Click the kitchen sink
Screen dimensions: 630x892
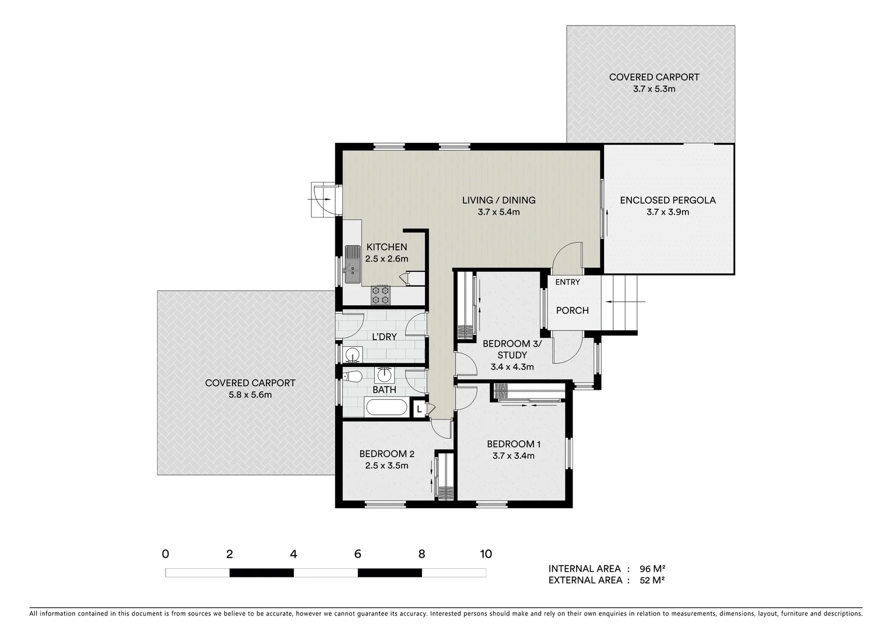pyautogui.click(x=352, y=264)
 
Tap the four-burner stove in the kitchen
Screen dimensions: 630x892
pyautogui.click(x=381, y=295)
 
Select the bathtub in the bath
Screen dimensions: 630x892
pyautogui.click(x=387, y=407)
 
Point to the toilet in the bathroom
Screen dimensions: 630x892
pyautogui.click(x=352, y=376)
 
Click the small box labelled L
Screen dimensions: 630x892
pyautogui.click(x=419, y=409)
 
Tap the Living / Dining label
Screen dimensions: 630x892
pyautogui.click(x=498, y=200)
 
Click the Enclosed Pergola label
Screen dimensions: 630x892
pyautogui.click(x=668, y=200)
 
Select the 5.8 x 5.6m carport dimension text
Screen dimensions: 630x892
pyautogui.click(x=250, y=395)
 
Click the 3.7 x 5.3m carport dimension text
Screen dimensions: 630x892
pyautogui.click(x=654, y=89)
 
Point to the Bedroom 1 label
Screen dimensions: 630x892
pyautogui.click(x=514, y=444)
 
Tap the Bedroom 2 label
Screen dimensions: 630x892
pyautogui.click(x=387, y=454)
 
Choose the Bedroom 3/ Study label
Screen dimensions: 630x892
pyautogui.click(x=512, y=349)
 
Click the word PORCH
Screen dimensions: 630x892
pyautogui.click(x=572, y=310)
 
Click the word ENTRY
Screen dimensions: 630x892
pyautogui.click(x=567, y=282)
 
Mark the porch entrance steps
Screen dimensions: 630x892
pyautogui.click(x=623, y=302)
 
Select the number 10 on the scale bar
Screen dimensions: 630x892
pyautogui.click(x=485, y=554)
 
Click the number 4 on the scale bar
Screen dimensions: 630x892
pyautogui.click(x=293, y=554)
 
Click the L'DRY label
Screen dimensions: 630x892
pyautogui.click(x=384, y=337)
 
